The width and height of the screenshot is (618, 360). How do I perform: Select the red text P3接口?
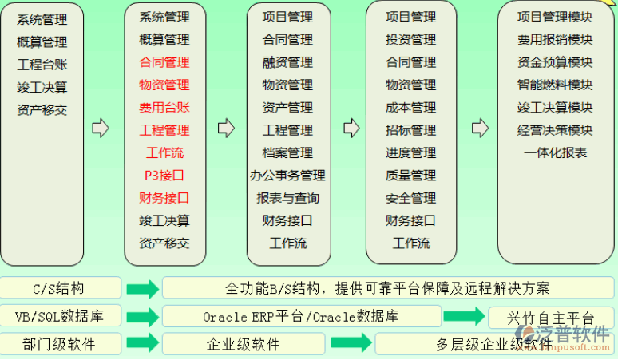point(164,175)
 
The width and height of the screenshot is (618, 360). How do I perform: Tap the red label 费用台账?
point(164,107)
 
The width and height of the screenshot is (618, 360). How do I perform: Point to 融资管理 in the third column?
point(287,62)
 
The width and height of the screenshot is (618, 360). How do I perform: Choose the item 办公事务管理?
point(287,175)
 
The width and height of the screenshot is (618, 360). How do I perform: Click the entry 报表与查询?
point(287,198)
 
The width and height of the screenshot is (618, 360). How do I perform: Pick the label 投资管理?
point(410,39)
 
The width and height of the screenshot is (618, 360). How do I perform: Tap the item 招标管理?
point(410,130)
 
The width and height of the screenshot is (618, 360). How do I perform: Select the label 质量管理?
point(410,175)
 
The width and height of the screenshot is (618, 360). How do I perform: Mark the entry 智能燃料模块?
point(555,85)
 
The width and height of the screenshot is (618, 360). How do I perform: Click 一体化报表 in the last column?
point(555,152)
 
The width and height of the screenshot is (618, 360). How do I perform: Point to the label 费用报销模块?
point(555,39)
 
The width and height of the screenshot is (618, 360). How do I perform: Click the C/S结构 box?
point(61,288)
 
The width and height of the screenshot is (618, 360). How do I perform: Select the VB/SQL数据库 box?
point(61,316)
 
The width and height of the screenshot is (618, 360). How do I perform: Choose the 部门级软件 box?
point(61,344)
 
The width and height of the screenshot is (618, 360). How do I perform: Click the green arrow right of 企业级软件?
point(351,344)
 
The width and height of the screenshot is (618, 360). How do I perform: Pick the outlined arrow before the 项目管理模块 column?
point(479,128)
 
